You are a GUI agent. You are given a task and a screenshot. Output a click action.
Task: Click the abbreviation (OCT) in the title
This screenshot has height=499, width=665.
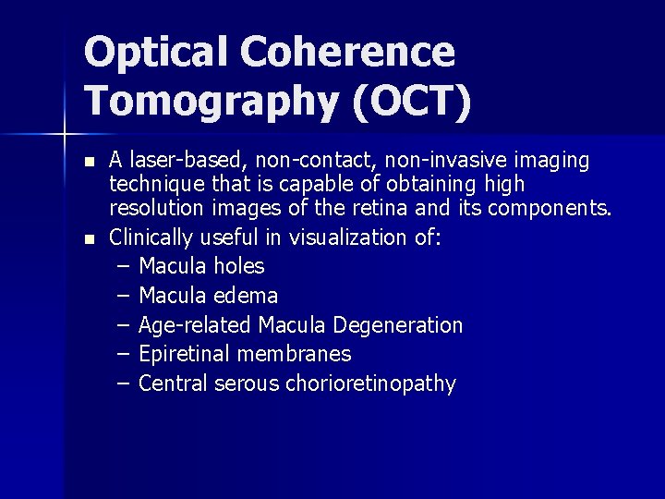click(x=411, y=100)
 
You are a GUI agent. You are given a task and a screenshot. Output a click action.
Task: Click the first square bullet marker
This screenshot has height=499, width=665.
click(x=89, y=162)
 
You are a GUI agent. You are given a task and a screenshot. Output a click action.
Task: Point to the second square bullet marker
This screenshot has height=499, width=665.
click(x=89, y=239)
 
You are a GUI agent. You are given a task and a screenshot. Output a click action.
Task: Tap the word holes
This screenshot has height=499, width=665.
click(x=238, y=266)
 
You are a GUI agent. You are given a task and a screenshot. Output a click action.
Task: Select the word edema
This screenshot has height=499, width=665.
click(x=246, y=296)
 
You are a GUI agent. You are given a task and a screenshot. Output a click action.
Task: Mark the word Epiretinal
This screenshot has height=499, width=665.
click(x=184, y=354)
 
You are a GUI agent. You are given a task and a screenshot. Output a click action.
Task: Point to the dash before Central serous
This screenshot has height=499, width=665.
click(x=125, y=383)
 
